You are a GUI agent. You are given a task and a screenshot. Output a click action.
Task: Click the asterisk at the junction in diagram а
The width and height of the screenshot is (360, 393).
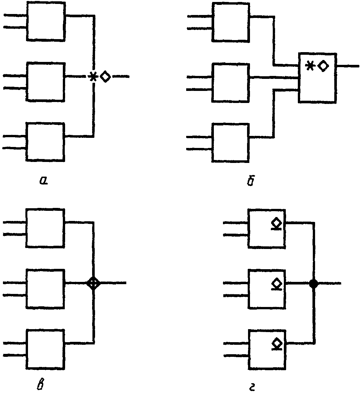tap(93, 77)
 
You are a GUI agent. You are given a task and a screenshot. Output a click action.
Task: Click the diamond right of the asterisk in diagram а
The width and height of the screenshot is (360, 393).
tap(105, 77)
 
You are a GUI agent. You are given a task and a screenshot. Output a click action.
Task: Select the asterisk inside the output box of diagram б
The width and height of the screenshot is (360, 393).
tap(310, 65)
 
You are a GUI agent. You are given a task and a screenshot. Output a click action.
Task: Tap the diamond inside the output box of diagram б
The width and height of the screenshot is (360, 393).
tap(323, 66)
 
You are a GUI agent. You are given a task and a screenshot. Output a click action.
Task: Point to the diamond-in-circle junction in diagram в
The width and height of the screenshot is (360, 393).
tap(93, 283)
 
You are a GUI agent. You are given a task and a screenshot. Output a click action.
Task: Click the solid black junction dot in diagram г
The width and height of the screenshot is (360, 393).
tap(313, 284)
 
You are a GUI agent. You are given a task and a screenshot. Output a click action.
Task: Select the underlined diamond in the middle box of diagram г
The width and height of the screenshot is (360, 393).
tap(276, 284)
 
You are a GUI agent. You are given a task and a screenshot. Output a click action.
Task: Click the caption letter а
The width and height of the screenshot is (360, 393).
tap(44, 181)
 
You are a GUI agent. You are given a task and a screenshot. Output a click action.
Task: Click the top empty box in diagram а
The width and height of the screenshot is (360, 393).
tap(46, 22)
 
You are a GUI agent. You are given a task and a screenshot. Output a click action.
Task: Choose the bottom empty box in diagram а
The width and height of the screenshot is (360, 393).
tap(46, 142)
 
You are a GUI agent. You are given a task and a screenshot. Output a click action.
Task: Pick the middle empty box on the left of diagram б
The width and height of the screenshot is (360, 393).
tap(230, 83)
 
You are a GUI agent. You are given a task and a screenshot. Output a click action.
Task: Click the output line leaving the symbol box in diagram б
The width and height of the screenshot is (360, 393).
tap(348, 66)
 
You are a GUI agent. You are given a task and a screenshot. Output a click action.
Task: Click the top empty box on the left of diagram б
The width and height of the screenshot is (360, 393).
tap(230, 22)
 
